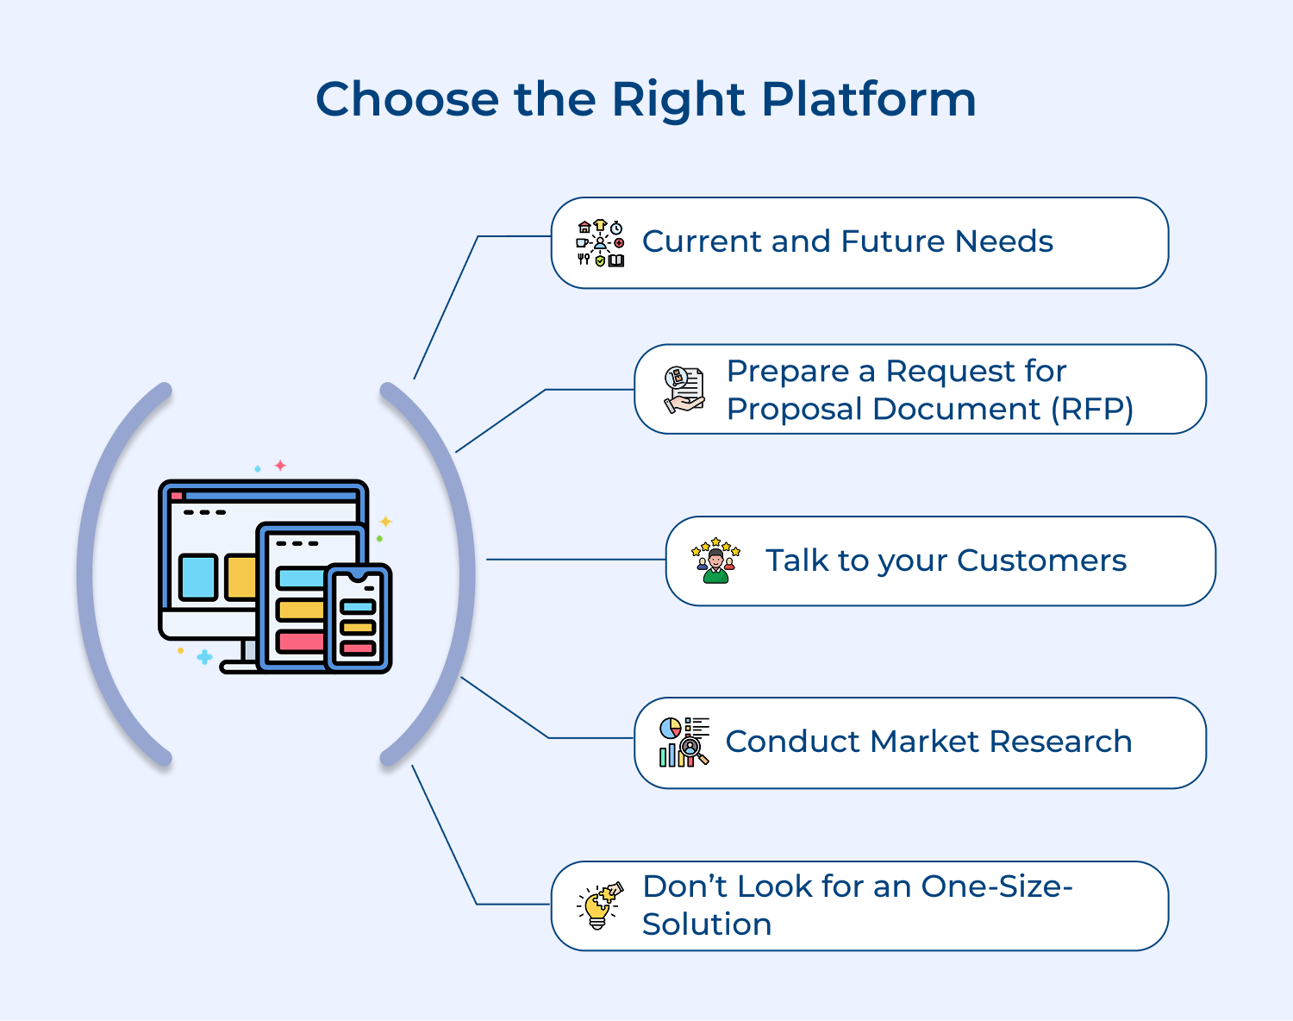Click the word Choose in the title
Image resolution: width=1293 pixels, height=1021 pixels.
(x=407, y=100)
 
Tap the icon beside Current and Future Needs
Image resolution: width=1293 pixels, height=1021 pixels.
(x=600, y=243)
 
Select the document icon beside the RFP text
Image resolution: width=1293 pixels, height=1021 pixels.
(x=684, y=389)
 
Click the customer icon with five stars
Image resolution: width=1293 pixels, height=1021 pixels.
(x=715, y=561)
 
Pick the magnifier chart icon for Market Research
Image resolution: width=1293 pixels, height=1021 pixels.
(x=684, y=742)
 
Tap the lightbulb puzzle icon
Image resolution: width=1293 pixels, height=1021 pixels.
(x=599, y=905)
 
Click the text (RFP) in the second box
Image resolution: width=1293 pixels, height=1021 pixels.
(x=1091, y=409)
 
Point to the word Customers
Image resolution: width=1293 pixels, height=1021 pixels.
(x=1041, y=561)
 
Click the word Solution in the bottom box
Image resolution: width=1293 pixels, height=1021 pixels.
(x=707, y=924)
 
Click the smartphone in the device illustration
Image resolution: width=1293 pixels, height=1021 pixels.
(x=359, y=618)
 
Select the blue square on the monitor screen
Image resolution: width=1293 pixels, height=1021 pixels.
(x=197, y=577)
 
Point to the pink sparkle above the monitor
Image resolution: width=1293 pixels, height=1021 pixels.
(x=280, y=466)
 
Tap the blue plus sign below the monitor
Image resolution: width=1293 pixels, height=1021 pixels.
(x=204, y=657)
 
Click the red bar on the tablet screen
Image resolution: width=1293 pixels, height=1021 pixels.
(x=300, y=642)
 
